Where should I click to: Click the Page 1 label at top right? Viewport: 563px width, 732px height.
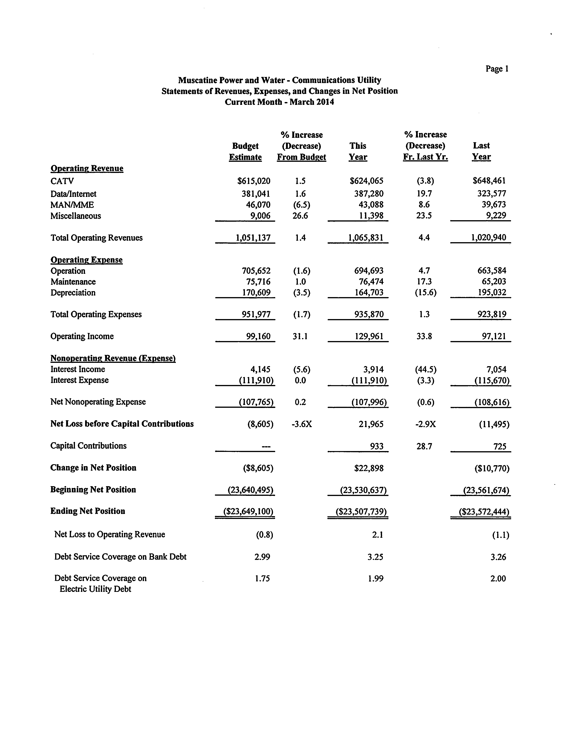pos(497,69)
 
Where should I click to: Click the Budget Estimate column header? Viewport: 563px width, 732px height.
pos(245,151)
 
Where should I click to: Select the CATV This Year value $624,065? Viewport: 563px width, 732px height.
pos(367,181)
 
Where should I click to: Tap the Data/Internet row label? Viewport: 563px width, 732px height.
pos(73,194)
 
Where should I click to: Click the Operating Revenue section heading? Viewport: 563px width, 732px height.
pos(87,168)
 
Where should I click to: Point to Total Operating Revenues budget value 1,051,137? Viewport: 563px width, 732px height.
pos(253,238)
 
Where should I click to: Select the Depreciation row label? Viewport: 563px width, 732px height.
pos(73,293)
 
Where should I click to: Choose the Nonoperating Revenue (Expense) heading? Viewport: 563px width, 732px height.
pos(113,358)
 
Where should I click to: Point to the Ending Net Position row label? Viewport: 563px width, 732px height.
pos(88,511)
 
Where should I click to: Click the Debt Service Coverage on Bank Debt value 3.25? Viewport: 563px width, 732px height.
pos(375,557)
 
